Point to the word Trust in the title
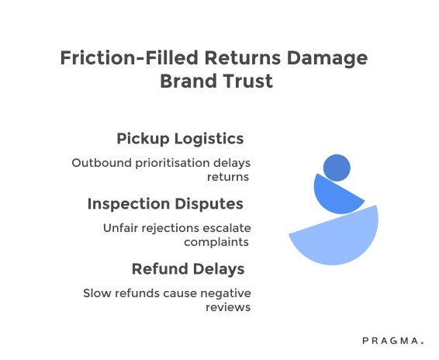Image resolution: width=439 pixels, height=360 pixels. [x=248, y=81]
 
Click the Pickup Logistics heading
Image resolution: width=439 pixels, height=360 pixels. [x=180, y=139]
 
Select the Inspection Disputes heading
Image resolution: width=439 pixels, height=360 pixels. [x=165, y=204]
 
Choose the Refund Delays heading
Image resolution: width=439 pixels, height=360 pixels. [x=188, y=269]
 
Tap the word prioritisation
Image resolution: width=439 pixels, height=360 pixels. [x=172, y=163]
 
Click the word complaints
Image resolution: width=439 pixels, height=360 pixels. [x=216, y=241]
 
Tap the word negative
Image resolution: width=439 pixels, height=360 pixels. [x=225, y=293]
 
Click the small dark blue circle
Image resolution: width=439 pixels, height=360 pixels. [x=337, y=167]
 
